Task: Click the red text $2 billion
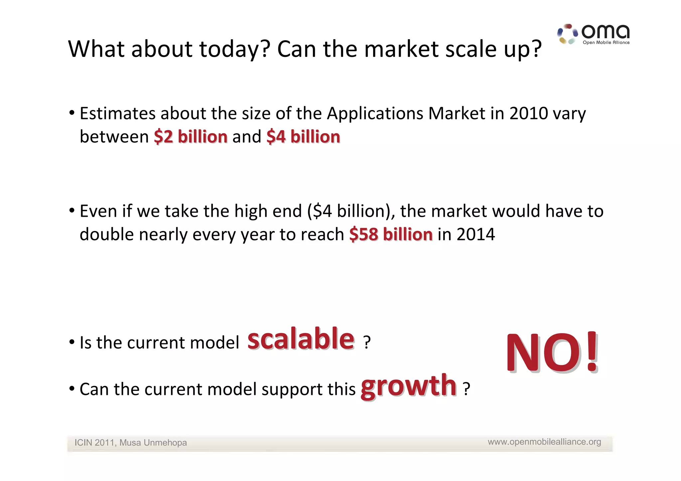(x=191, y=137)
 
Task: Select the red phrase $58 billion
(x=391, y=234)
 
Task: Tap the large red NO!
(x=552, y=353)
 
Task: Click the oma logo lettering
(x=605, y=32)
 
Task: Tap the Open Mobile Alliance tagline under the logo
(x=606, y=43)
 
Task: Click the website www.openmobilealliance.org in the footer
(x=544, y=442)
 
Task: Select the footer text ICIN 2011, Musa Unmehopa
(x=130, y=443)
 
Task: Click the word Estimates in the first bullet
(x=117, y=113)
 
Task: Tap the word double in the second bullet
(x=106, y=234)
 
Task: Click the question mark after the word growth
(x=467, y=389)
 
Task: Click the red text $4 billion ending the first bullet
(x=303, y=137)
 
